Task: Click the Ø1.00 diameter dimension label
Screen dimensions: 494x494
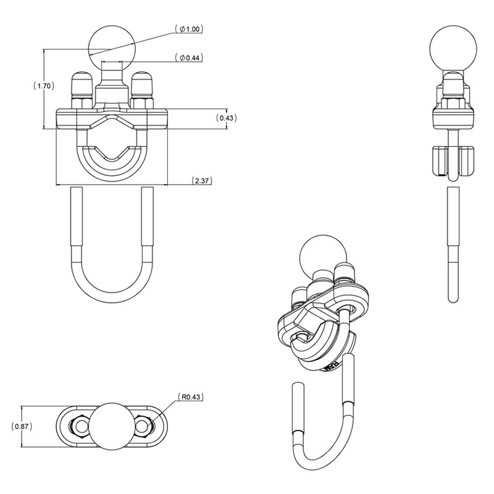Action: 189,29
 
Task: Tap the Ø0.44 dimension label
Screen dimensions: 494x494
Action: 189,57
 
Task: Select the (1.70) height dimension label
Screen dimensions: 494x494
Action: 44,86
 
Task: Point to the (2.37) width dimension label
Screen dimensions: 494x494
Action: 202,180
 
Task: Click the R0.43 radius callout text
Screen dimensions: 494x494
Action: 191,397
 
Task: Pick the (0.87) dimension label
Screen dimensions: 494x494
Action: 22,427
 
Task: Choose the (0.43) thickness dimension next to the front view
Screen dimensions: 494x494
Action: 226,118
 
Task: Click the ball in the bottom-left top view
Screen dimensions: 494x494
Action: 112,425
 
